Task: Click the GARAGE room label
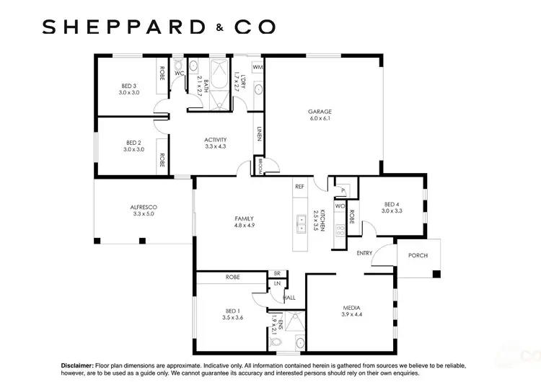click(320, 112)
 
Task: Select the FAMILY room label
click(244, 218)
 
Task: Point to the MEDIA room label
click(351, 308)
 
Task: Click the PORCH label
click(418, 255)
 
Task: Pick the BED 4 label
click(392, 204)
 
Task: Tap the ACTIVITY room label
click(215, 140)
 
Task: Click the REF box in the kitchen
click(299, 186)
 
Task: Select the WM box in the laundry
click(257, 67)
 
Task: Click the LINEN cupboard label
click(259, 133)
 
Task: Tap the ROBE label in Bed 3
click(162, 74)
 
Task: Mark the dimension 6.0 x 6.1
click(320, 119)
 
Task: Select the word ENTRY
click(364, 253)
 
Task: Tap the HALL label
click(289, 297)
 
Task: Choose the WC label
click(179, 74)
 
